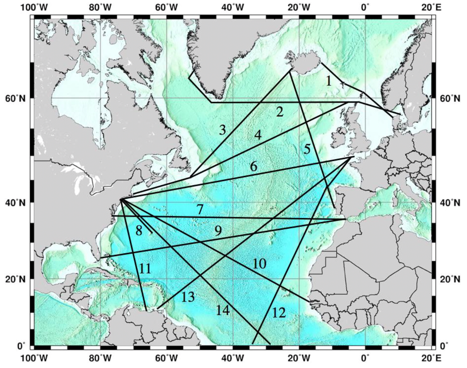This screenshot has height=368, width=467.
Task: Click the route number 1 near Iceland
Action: click(x=329, y=81)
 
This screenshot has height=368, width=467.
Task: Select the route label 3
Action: click(x=223, y=130)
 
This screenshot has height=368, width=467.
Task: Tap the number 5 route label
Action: click(x=307, y=149)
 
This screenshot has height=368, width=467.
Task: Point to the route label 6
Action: click(x=254, y=166)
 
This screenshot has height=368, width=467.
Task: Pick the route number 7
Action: click(x=200, y=210)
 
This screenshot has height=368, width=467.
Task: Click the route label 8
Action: click(x=139, y=230)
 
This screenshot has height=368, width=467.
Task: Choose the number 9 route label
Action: click(x=218, y=231)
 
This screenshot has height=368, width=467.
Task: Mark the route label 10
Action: click(x=259, y=264)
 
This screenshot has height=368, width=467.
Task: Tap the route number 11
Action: click(x=145, y=269)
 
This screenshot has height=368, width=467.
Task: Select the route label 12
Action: click(x=279, y=313)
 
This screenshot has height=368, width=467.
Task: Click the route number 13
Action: click(x=188, y=297)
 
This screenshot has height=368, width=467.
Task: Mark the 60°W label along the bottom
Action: click(x=167, y=358)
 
